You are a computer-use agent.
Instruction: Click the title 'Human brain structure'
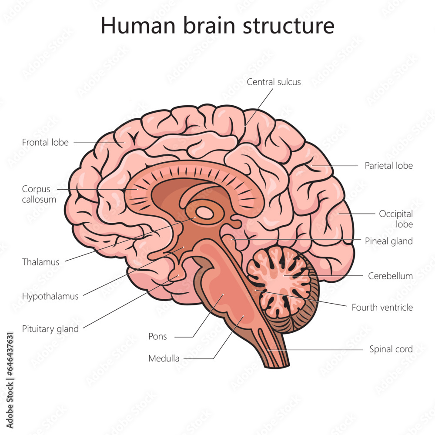217,26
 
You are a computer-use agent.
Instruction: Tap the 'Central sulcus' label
274,82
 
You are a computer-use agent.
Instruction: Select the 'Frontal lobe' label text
45,142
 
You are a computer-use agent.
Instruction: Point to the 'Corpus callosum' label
39,194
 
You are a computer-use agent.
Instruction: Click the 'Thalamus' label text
40,262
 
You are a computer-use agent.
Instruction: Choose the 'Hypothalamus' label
50,296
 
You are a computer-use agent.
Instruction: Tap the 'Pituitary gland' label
50,329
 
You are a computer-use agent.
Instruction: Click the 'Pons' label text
157,336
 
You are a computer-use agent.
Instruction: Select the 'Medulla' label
164,358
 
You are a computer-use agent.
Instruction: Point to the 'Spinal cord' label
391,349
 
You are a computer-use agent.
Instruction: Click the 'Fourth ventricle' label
382,308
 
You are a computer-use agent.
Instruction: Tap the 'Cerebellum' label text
390,276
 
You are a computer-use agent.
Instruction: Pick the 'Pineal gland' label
388,241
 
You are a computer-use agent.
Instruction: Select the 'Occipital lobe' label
395,219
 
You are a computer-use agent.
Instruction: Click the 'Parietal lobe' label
388,165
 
